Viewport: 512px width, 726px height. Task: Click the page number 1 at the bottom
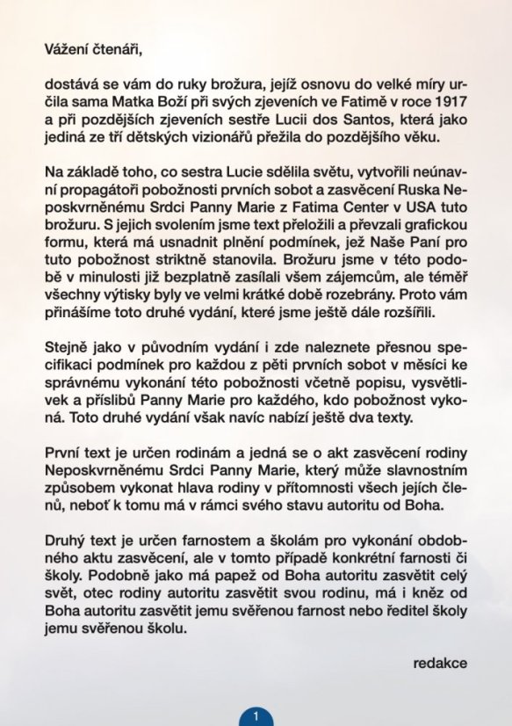coord(256,715)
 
